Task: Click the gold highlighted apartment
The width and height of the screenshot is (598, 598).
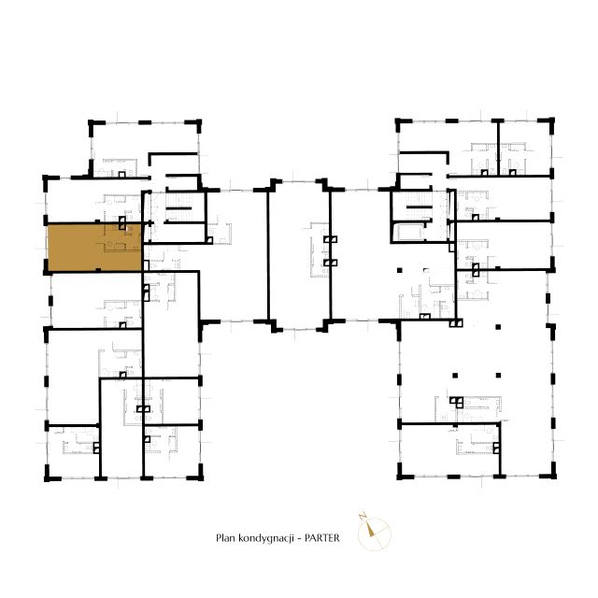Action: tap(93, 247)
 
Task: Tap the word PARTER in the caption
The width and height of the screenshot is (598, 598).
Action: tap(321, 538)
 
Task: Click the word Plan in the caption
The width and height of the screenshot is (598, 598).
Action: tap(225, 538)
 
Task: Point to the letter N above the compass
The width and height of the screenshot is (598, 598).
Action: tap(363, 517)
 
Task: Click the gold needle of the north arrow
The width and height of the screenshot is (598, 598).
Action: tap(370, 529)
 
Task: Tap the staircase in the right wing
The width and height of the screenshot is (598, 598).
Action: tap(419, 206)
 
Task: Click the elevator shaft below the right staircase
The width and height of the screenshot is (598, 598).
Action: tap(409, 232)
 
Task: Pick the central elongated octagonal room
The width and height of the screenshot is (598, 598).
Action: tap(299, 254)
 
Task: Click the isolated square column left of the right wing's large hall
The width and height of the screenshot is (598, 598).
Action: tap(400, 270)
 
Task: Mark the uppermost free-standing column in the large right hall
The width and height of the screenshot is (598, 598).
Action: tap(498, 327)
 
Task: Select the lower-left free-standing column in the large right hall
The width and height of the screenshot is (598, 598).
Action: tap(455, 376)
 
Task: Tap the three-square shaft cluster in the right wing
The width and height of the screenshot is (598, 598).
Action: tap(456, 402)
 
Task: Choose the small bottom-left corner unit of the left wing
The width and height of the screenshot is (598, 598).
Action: tap(73, 451)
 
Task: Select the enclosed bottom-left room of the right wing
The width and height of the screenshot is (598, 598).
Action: tap(449, 449)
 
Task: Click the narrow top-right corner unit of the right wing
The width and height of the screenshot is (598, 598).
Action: tap(525, 149)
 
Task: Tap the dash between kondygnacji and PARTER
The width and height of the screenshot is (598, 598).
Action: tap(299, 538)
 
